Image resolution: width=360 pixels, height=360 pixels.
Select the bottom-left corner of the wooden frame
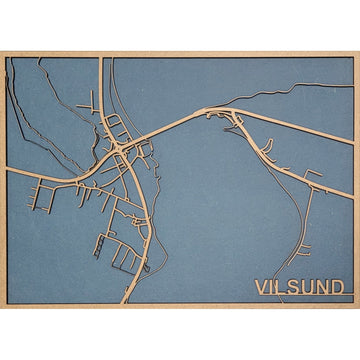click(2, 306)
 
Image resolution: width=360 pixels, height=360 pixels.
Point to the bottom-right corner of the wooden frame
click(357, 306)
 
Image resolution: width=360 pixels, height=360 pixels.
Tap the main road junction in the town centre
click(120, 150)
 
